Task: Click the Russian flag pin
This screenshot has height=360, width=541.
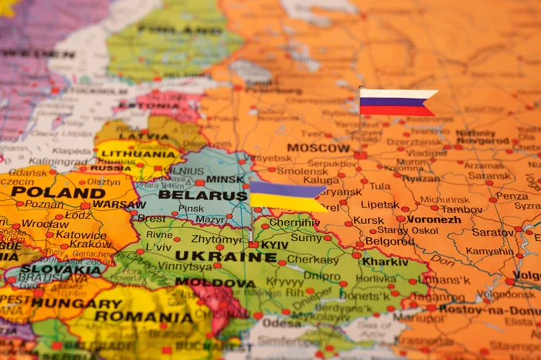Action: [396, 102]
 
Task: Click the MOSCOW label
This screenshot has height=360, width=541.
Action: [318, 148]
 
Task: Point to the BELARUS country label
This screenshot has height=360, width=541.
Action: [202, 195]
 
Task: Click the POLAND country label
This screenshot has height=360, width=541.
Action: [58, 192]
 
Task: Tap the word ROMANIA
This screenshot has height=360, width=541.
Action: [145, 317]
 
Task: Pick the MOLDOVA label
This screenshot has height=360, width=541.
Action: [215, 283]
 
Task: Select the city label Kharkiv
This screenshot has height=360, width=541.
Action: [385, 261]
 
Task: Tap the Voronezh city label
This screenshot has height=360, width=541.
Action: [434, 219]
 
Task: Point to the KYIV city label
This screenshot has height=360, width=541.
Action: [274, 244]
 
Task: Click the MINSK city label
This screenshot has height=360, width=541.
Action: [225, 178]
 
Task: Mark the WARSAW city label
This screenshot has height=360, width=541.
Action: [118, 205]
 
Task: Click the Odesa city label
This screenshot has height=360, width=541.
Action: [281, 323]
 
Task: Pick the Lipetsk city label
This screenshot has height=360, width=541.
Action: [379, 205]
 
